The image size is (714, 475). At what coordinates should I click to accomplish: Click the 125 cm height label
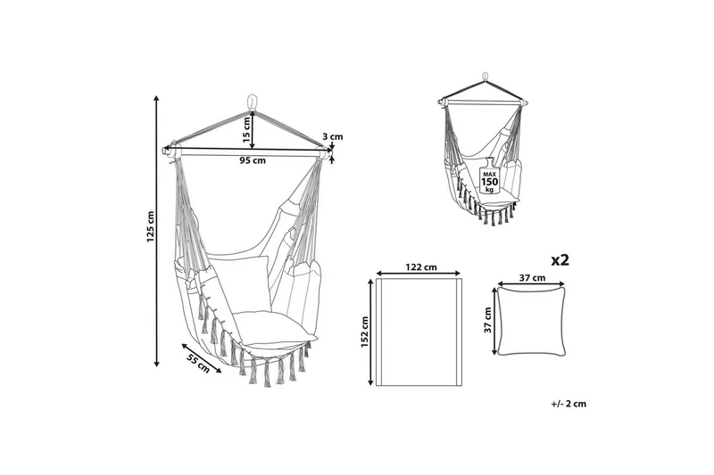[151, 226]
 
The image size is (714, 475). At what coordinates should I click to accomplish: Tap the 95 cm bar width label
[253, 160]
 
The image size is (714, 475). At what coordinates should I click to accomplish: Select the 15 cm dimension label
[246, 130]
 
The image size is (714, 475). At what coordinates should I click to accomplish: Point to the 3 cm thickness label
[332, 136]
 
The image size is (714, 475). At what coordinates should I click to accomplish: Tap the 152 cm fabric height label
[365, 332]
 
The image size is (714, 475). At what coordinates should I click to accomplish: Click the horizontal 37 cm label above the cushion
[532, 278]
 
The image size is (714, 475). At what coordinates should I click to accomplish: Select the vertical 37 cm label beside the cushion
[488, 320]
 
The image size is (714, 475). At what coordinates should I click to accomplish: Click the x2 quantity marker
[560, 260]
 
